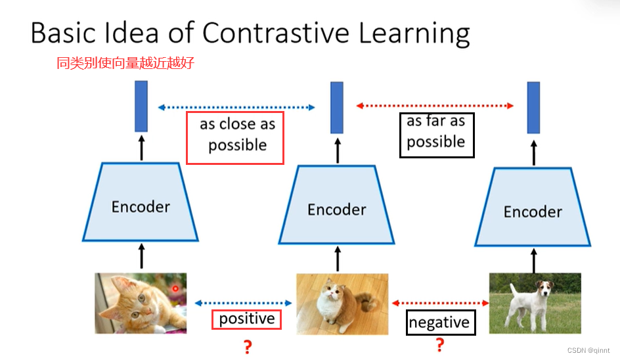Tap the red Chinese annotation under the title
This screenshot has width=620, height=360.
pos(125,64)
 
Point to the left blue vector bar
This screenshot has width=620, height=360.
pos(141,106)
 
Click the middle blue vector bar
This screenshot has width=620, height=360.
pos(337,107)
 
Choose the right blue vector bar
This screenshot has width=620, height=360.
pos(533,107)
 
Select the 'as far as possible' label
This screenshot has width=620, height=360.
pos(436,134)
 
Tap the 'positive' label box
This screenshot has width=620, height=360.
pos(246,319)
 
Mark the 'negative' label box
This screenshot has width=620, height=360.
pos(439,322)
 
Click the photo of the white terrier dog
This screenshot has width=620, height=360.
pos(535,303)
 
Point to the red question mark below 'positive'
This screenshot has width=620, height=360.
pos(248,347)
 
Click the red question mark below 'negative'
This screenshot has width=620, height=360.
pos(440,345)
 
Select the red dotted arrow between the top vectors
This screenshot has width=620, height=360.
pos(434,105)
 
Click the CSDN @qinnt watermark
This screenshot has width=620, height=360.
pos(589,351)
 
